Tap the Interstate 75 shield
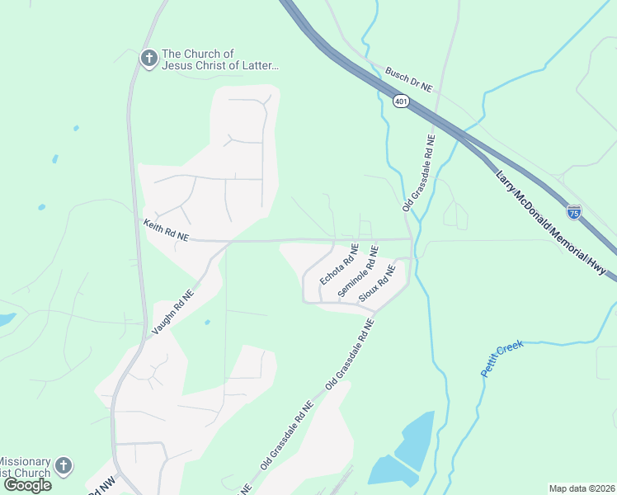574,212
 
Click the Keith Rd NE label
166,229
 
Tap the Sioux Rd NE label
377,280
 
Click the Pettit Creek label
502,357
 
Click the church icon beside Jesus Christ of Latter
148,59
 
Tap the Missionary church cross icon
64,467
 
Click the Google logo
27,485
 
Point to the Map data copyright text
582,488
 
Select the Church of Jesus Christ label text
219,59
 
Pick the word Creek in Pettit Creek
513,348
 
